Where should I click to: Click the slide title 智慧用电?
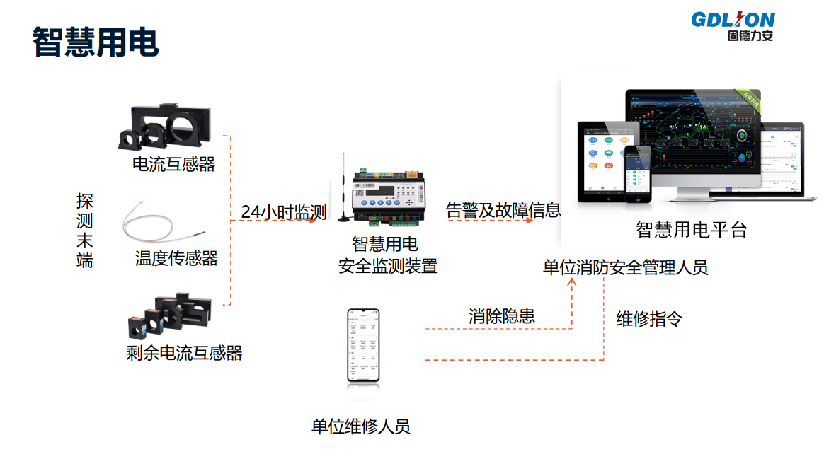96,42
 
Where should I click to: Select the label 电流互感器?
173,165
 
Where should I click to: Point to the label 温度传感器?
176,258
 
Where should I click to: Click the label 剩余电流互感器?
184,352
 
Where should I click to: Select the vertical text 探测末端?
85,231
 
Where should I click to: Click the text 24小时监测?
283,211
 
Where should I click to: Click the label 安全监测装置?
388,267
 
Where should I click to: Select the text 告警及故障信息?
503,210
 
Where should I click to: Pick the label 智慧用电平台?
691,230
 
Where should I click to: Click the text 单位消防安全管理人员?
625,267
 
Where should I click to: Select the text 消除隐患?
501,316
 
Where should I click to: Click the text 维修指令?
649,319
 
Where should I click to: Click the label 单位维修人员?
360,426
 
